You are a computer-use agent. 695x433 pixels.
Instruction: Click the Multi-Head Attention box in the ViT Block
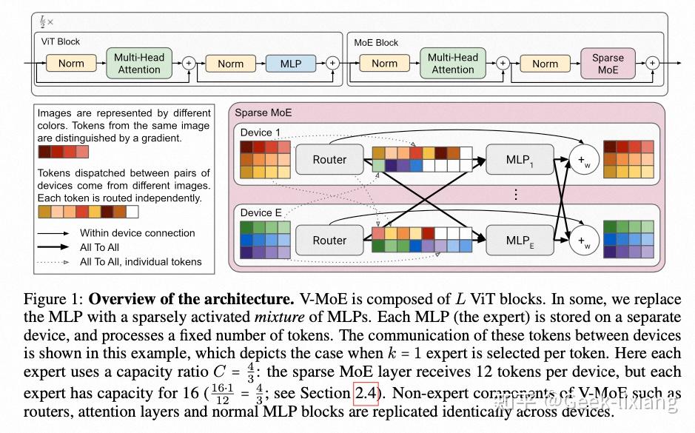click(138, 64)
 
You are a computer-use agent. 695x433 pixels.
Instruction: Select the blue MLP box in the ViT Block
click(291, 64)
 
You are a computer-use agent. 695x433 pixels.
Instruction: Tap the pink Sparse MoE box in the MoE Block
click(608, 64)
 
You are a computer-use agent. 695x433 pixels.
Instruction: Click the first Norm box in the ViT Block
click(71, 64)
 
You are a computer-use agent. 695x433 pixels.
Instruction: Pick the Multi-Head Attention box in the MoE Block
click(453, 64)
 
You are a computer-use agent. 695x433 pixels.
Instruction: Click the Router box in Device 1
click(329, 159)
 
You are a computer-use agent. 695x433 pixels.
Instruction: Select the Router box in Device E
click(329, 240)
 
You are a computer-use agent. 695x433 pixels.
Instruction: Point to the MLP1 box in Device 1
click(519, 159)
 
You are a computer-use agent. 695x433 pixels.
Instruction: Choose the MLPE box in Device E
click(519, 240)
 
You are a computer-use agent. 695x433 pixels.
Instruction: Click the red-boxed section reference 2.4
click(366, 393)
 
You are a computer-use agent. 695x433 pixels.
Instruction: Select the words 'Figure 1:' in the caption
click(53, 300)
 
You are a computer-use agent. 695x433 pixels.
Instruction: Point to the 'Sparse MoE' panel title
click(263, 113)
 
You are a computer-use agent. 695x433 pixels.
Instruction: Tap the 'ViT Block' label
click(60, 42)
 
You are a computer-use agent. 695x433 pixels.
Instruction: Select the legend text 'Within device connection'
click(138, 233)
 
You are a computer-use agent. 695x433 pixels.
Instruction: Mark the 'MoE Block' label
click(376, 42)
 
